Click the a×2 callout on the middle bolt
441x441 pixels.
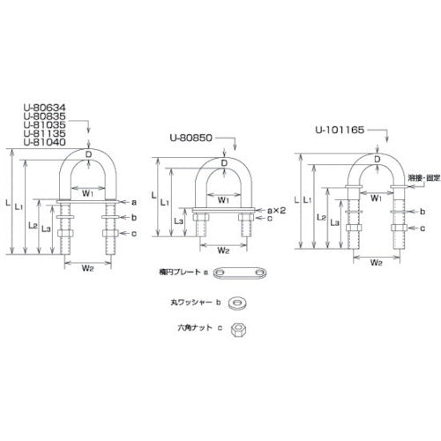tap(275, 211)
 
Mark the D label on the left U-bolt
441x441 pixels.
tap(88, 153)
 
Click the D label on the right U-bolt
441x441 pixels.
tap(377, 159)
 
